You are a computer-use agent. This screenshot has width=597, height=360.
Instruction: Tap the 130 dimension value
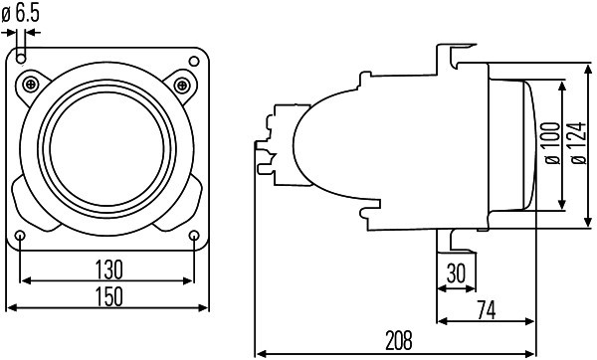point(108,269)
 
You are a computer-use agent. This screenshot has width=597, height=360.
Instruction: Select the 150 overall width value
point(108,295)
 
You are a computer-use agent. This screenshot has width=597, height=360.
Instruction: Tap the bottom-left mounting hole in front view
point(22,234)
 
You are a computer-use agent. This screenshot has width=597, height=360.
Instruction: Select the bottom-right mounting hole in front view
point(194,234)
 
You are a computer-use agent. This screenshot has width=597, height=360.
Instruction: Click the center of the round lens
point(108,144)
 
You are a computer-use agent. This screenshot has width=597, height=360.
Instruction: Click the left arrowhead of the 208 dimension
point(260,351)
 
